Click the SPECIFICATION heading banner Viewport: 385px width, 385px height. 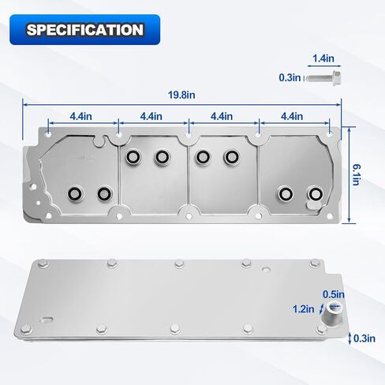coord(85,30)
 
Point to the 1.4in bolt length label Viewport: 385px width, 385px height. coord(322,58)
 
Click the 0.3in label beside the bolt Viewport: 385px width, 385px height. coord(290,77)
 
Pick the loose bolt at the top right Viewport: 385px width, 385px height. coord(323,77)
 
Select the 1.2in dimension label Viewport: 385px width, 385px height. coord(303,308)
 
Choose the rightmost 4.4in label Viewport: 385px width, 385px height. coord(291,116)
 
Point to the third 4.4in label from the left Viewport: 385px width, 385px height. coord(222,116)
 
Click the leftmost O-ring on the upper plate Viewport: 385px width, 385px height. coord(75,192)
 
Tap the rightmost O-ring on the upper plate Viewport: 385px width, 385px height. coord(315,193)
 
